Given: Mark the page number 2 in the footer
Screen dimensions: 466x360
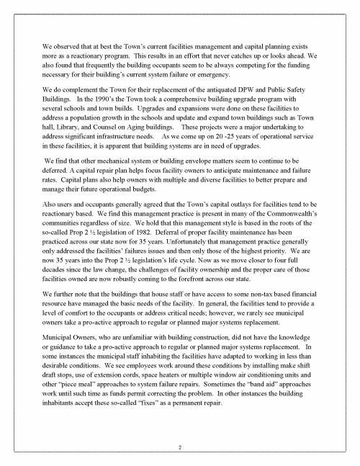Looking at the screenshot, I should point(180,447).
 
